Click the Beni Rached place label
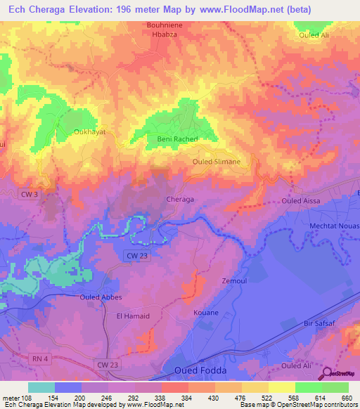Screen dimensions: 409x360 172,139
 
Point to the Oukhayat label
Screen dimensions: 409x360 89,131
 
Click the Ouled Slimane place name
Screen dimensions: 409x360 216,162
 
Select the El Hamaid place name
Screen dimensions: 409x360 133,316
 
